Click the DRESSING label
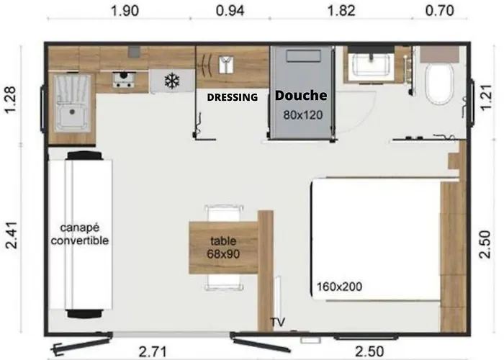pos(232,98)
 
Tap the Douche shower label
pos(301,95)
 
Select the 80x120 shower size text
pos(302,115)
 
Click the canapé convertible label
pos(80,235)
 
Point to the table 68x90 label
pos(223,248)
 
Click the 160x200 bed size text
pos(338,286)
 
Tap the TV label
pos(277,322)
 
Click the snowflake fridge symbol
pos(171,81)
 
